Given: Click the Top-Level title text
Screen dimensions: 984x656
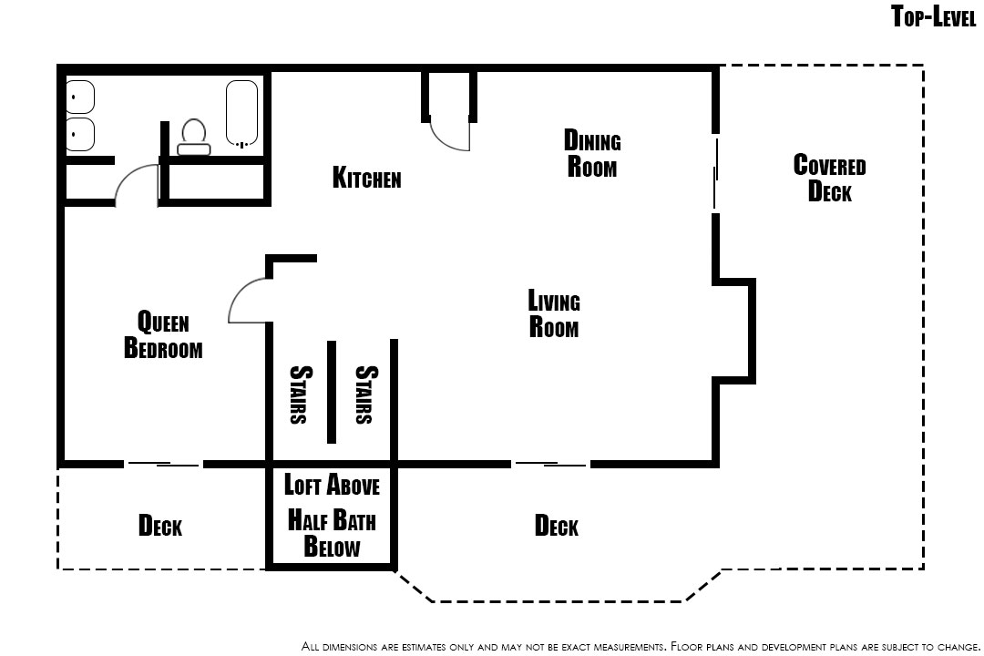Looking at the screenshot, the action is click(934, 16).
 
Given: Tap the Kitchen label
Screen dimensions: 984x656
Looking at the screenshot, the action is click(366, 178).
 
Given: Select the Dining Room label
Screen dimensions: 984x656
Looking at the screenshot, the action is click(592, 153).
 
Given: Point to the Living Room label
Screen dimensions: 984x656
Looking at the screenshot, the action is click(554, 313).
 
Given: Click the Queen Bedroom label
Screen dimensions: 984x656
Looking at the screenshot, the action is click(163, 334).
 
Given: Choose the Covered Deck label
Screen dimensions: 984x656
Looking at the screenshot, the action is click(830, 178).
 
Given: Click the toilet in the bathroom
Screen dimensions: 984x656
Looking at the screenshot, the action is click(193, 137).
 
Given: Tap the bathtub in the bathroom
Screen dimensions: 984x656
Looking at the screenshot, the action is click(241, 114).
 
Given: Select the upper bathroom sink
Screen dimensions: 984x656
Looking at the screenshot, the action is click(80, 97).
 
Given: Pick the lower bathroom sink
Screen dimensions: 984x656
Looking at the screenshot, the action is click(80, 134).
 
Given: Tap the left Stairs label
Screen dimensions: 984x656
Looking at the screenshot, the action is click(300, 395).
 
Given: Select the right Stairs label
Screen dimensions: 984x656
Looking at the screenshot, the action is click(365, 395).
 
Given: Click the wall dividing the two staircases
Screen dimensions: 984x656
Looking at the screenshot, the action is click(332, 393).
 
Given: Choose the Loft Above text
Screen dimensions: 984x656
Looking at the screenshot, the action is click(332, 486).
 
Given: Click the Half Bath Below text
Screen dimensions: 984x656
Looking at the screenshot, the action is click(332, 534).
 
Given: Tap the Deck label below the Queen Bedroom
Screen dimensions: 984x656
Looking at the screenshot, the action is click(160, 526).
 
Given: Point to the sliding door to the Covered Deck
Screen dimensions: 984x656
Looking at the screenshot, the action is click(715, 172).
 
